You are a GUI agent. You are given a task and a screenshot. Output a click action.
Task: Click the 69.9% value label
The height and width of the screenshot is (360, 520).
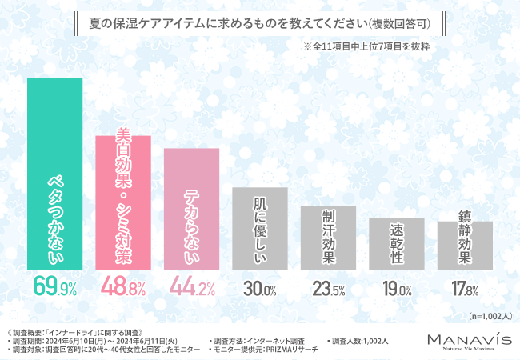click(55, 285)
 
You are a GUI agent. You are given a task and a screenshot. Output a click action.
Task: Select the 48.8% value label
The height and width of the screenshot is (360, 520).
click(123, 285)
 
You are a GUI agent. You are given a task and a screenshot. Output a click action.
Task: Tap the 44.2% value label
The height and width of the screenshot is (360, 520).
click(191, 285)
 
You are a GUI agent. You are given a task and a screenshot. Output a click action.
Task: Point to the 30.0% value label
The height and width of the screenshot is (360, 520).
click(259, 286)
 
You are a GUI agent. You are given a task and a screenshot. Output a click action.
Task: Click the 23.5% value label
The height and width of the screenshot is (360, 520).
click(328, 286)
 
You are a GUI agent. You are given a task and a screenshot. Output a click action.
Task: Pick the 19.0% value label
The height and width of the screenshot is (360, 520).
click(396, 286)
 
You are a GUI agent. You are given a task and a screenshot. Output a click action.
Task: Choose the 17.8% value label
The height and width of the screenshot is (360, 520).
click(465, 286)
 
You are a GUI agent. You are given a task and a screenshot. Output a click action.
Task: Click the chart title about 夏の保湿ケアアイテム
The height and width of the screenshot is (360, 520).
click(260, 23)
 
